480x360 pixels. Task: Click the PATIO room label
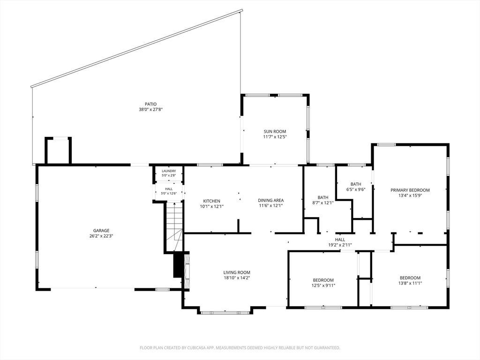150,104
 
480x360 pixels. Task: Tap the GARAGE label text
101,231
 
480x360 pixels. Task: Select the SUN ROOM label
275,132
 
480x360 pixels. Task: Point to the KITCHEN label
211,201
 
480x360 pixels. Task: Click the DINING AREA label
270,201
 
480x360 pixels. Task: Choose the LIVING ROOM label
237,272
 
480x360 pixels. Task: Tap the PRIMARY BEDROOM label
410,190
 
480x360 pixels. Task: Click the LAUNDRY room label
169,171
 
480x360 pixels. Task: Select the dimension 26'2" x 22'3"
101,236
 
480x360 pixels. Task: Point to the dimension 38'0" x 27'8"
150,109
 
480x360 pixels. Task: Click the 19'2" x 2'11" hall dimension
340,245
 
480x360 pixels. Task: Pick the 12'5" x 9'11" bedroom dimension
323,285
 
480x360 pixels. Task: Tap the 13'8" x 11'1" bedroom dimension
410,283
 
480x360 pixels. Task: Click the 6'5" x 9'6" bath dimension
356,189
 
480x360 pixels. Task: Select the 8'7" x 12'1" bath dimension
323,202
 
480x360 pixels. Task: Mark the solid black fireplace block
178,265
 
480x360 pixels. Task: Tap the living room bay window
225,313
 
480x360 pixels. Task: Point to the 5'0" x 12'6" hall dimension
169,194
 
